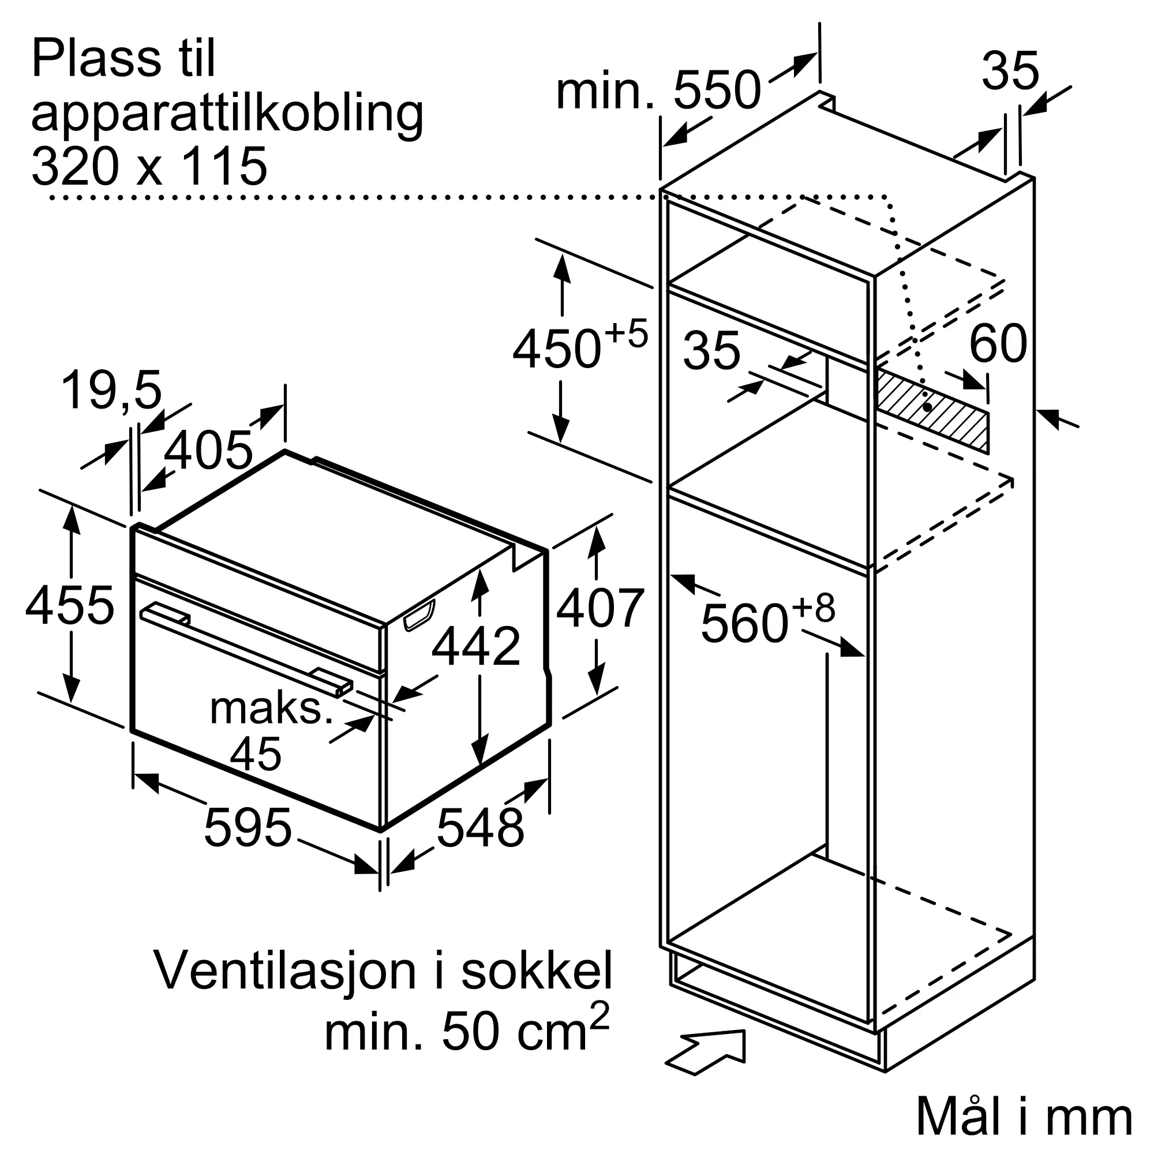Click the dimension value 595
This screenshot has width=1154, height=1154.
[248, 828]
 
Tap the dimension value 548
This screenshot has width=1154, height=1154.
[480, 828]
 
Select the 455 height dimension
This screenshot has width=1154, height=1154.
[70, 606]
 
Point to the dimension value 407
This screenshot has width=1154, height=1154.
[600, 609]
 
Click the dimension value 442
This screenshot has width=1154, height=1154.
[476, 646]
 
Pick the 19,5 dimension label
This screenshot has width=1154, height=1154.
[112, 391]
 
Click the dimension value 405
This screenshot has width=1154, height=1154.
[208, 451]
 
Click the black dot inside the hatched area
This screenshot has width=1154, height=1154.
[927, 407]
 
